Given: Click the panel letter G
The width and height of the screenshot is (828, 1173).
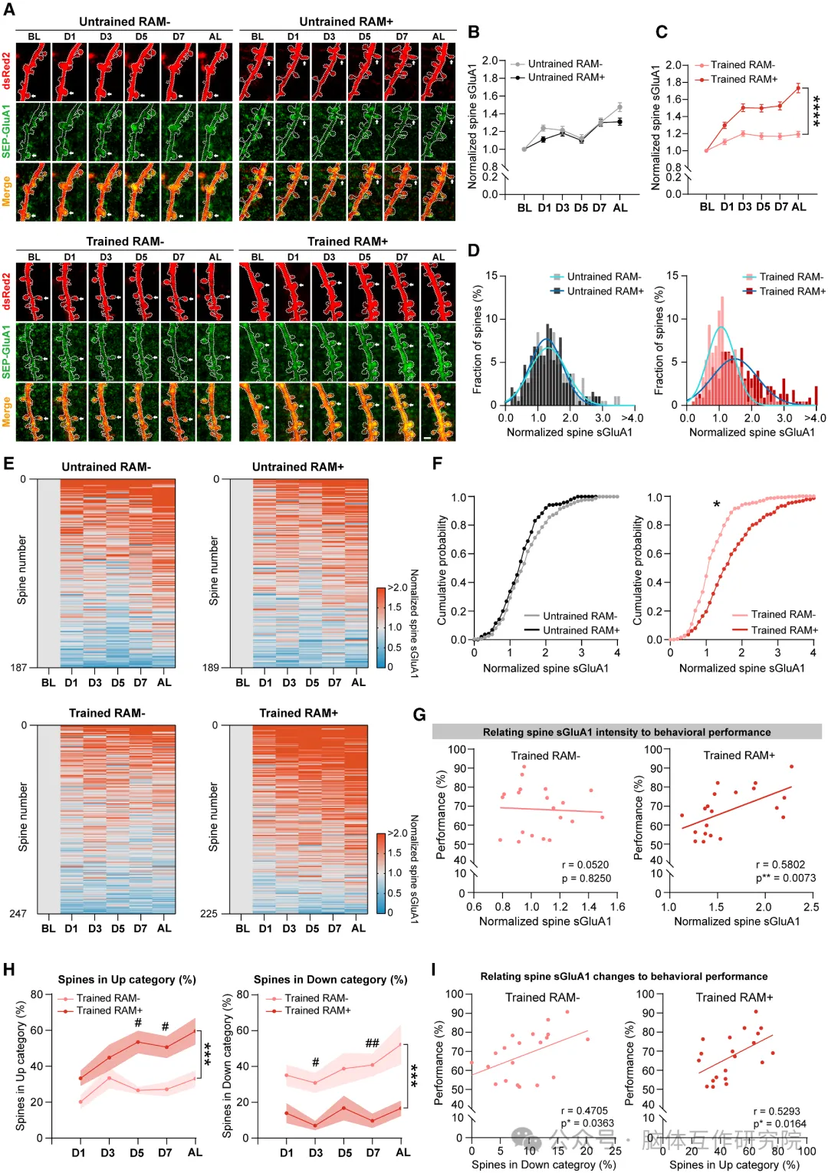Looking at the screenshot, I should (x=419, y=715).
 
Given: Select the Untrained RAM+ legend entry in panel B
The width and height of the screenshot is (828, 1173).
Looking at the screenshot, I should (x=566, y=77).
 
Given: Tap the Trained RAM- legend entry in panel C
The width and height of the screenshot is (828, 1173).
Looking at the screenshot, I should (x=742, y=65).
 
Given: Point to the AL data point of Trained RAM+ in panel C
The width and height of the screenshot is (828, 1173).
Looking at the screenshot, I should (x=798, y=88).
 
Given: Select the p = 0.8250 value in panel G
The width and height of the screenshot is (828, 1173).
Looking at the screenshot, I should (x=586, y=879).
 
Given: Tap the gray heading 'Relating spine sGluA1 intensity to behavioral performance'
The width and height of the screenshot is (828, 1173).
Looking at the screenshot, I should (x=626, y=732).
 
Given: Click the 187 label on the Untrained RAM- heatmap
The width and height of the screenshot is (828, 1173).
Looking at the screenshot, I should (x=18, y=668).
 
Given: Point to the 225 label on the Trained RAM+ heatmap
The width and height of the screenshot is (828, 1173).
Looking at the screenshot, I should (x=209, y=914).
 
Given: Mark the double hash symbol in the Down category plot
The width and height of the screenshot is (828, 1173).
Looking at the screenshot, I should (x=372, y=1043).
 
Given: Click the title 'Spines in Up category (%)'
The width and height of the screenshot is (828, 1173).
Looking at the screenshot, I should (x=127, y=980).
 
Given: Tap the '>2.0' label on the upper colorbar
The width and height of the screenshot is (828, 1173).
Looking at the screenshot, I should (x=398, y=588).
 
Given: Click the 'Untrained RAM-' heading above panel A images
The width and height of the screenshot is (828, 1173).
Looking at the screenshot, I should (x=124, y=22).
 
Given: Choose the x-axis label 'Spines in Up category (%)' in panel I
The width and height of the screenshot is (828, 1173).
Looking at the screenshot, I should (x=734, y=1165).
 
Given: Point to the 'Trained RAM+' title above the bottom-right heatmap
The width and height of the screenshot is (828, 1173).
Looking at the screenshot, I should (x=298, y=714).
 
